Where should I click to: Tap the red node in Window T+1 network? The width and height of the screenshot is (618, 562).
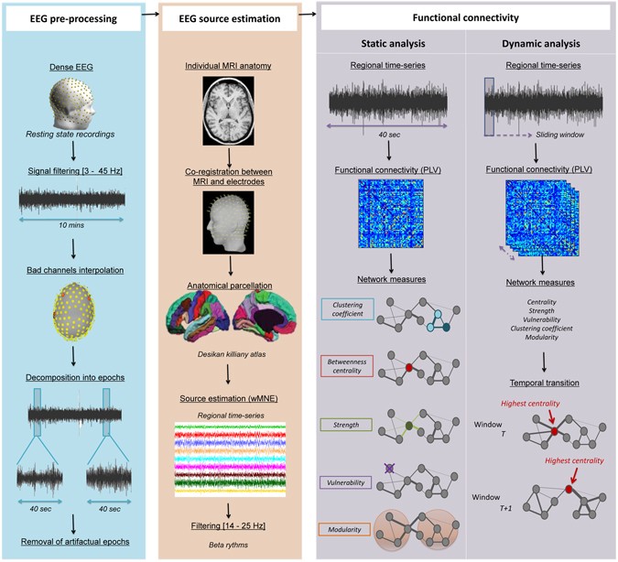tap(569, 491)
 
